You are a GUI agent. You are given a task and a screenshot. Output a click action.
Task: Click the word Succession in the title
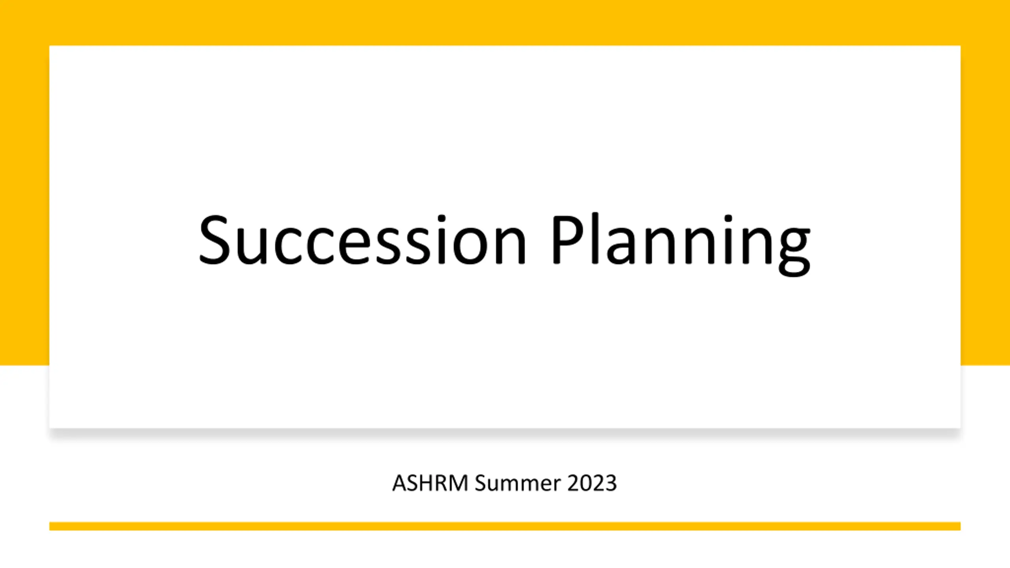pos(362,239)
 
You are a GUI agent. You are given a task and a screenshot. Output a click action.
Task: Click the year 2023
pos(592,483)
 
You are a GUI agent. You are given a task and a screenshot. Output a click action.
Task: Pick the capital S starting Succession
pos(214,239)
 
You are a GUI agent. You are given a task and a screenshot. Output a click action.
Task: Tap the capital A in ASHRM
pos(400,483)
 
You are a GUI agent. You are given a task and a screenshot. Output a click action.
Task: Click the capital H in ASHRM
pos(428,483)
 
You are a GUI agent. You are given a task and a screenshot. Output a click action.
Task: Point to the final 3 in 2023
pos(611,483)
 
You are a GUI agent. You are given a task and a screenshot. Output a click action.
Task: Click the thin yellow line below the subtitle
pos(505,526)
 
